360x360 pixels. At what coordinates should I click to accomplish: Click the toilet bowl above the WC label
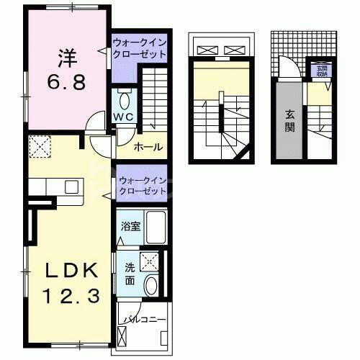pyautogui.click(x=123, y=102)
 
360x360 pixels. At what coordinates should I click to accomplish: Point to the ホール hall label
pyautogui.click(x=148, y=148)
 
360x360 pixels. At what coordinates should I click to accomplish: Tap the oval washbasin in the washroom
pyautogui.click(x=152, y=286)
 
